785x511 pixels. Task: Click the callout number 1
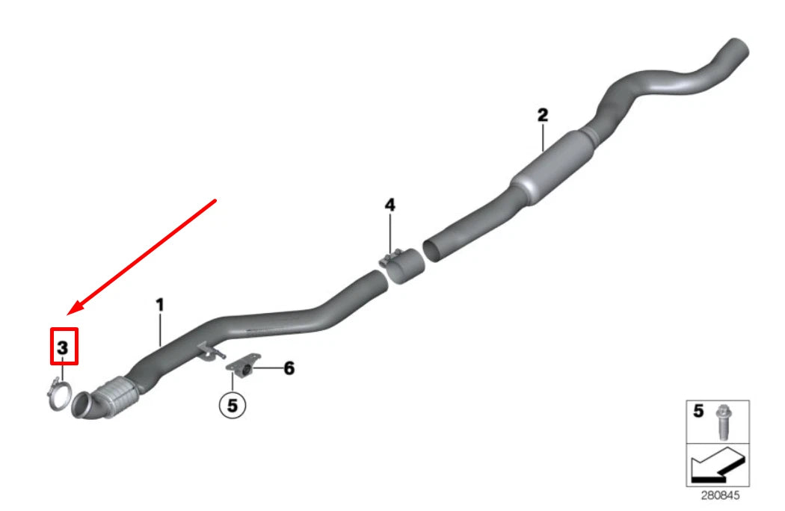[x=160, y=305]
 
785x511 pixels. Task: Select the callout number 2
[x=543, y=115]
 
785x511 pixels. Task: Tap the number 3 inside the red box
[x=63, y=347]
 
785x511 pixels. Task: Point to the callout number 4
[x=390, y=205]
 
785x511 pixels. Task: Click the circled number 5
[x=233, y=405]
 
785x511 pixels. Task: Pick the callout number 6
[x=289, y=368]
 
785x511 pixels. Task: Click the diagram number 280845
[x=720, y=495]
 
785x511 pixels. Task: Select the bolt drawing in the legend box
[x=722, y=421]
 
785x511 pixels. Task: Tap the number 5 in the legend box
[x=698, y=411]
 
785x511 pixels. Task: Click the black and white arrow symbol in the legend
[x=717, y=465]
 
